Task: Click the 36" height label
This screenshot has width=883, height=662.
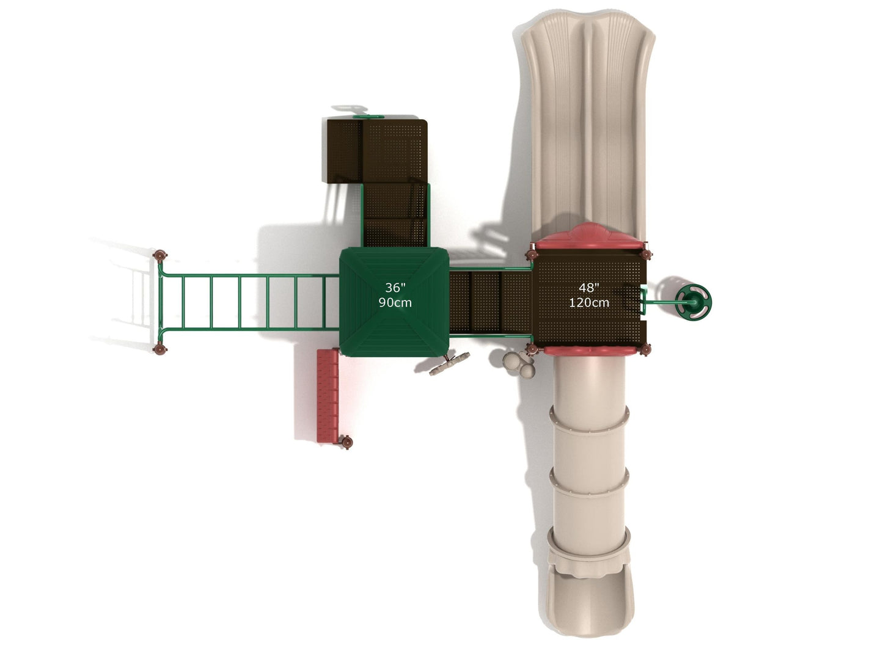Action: click(395, 288)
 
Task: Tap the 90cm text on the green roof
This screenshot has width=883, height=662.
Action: click(395, 302)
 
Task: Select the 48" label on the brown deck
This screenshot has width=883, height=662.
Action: click(588, 288)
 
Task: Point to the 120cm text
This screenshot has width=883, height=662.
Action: click(588, 302)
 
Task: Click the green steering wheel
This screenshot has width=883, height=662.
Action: click(693, 302)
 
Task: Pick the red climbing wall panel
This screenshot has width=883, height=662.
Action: click(328, 396)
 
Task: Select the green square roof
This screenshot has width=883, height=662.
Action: click(394, 302)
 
